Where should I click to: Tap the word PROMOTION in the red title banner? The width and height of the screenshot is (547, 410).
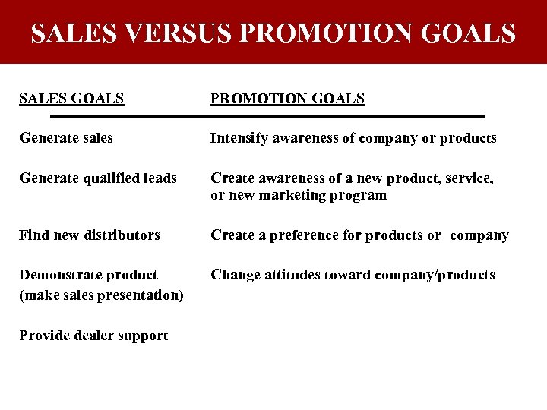point(320,33)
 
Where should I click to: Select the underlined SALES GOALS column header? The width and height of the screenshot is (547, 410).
point(71,99)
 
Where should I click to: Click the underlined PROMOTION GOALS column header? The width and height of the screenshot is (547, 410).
point(287,99)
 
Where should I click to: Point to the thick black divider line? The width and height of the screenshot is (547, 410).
point(267,116)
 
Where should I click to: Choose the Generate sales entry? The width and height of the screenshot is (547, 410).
point(66,138)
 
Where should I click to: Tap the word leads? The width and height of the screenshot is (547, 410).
point(160,178)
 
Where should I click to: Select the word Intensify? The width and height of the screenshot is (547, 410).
point(239,138)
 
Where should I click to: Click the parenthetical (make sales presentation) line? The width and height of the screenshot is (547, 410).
point(101,295)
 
